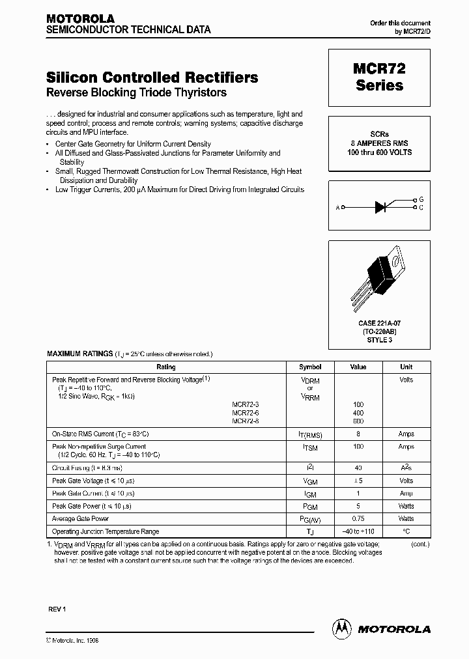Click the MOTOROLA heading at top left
(x=80, y=18)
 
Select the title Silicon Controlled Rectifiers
(x=152, y=77)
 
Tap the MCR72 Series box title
(x=380, y=77)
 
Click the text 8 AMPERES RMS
(x=379, y=143)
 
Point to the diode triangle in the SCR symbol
(x=381, y=208)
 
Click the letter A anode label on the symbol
(x=337, y=208)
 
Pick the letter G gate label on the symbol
(x=421, y=199)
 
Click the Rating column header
(x=166, y=367)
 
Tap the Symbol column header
(x=309, y=367)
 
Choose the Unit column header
(x=406, y=367)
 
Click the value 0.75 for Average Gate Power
(x=358, y=519)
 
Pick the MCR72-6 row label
(x=245, y=413)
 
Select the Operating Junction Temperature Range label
(x=105, y=531)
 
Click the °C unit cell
(x=406, y=531)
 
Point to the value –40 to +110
(x=358, y=531)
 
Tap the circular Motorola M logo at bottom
(x=341, y=628)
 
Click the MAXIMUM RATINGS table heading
(x=79, y=354)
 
